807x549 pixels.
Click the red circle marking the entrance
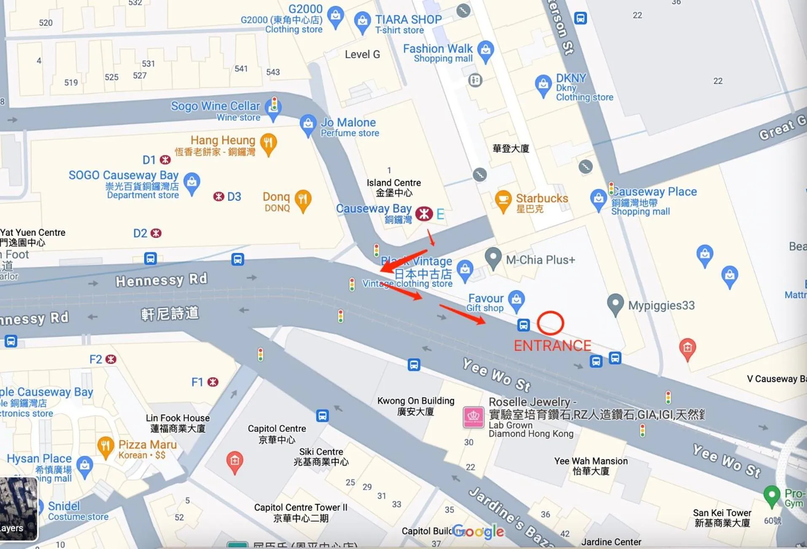coord(550,323)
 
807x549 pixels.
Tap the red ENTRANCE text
coord(552,346)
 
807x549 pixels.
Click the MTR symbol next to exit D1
coord(165,160)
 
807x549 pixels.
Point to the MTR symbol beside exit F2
coord(111,359)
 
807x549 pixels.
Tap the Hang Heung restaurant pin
coord(268,143)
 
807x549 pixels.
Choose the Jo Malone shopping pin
coord(308,124)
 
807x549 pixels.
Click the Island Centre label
coord(393,188)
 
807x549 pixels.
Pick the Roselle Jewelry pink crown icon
coord(473,417)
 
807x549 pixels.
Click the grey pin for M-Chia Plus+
coord(493,257)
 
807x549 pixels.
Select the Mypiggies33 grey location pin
coord(615,303)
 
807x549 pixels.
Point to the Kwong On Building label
coord(415,406)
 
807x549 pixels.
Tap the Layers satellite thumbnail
coord(19,509)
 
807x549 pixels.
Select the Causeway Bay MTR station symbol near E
coord(424,214)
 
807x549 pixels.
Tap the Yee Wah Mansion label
coord(591,466)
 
